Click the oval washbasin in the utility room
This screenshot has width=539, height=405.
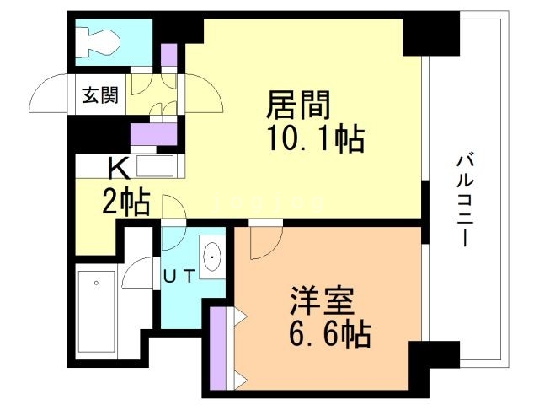point(211,255)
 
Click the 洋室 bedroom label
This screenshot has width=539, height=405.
point(325,301)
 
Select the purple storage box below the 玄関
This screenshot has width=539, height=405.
point(152,133)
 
